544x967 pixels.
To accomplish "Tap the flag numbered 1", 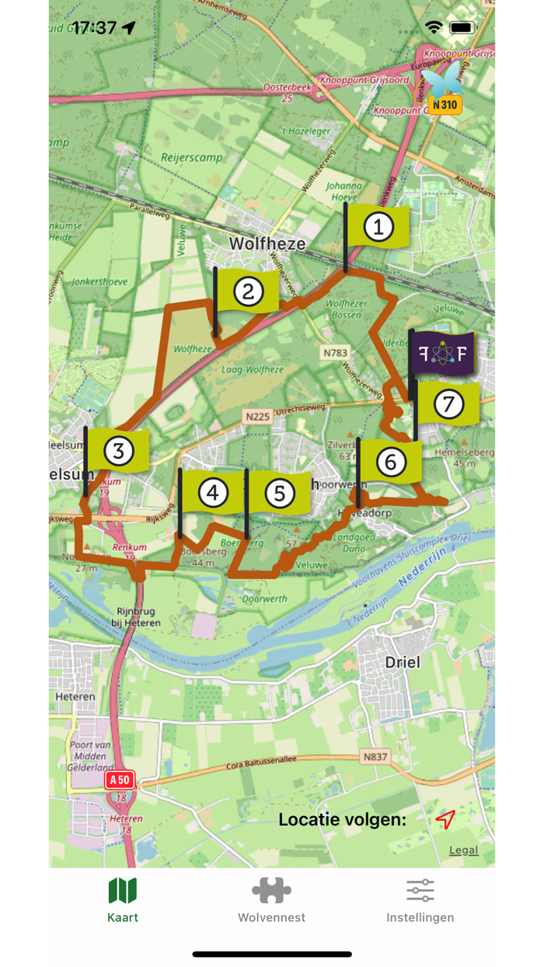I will point(378,227).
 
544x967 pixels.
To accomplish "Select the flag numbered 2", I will point(248,291).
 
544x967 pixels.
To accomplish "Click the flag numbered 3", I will point(119,451).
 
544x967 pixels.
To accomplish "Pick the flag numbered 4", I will point(212,492).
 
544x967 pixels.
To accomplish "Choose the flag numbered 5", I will point(280,493).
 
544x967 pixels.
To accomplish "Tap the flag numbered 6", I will point(391,463).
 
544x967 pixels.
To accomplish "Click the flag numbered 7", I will point(448,403).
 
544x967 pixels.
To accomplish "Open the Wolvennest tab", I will point(271,900).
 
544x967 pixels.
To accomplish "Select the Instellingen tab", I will point(420,900).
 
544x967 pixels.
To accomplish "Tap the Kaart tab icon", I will point(123,891).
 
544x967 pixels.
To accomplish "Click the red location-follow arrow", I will point(445,819).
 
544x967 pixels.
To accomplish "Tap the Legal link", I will point(463,850).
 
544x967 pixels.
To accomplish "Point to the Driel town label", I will point(403,662).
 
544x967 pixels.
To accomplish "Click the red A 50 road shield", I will point(120,780).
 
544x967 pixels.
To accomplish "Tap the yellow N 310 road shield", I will point(446,104).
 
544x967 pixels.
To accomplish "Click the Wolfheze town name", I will point(267,244).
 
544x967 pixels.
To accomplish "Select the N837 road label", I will point(375,756).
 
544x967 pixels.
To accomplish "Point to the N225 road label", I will point(257,417).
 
